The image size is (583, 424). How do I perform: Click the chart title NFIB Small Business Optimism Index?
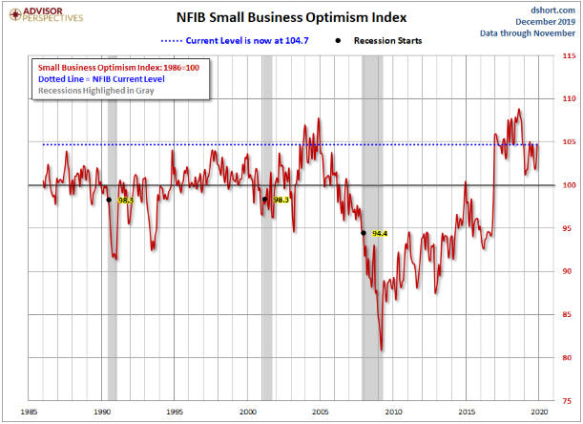click(x=292, y=16)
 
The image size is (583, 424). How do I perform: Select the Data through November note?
click(x=531, y=33)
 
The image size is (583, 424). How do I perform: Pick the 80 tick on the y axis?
click(x=565, y=358)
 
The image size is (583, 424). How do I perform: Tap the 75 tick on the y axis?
click(x=565, y=401)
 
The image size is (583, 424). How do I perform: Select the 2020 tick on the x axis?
click(x=540, y=412)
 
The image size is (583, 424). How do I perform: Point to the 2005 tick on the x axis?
click(x=321, y=412)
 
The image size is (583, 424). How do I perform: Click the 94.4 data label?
click(x=380, y=234)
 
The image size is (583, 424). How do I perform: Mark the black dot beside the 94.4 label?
click(x=363, y=233)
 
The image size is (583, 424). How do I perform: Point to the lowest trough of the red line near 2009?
click(x=383, y=350)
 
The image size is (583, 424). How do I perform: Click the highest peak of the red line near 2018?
click(x=518, y=110)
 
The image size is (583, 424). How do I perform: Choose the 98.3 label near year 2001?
click(x=281, y=201)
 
